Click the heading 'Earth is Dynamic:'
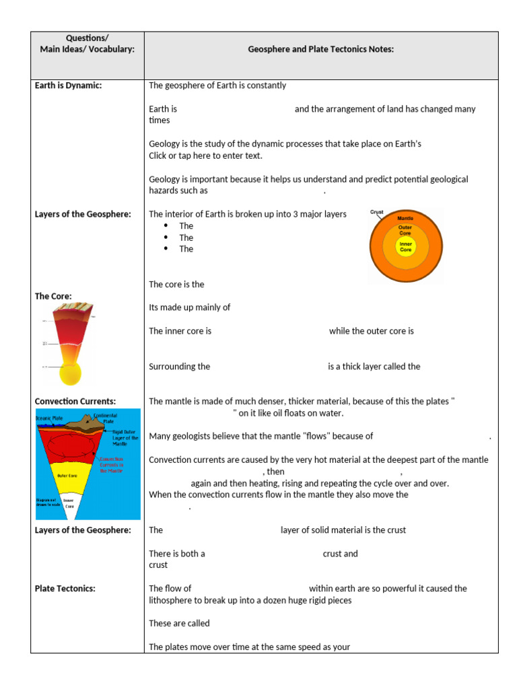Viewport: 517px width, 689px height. coord(68,85)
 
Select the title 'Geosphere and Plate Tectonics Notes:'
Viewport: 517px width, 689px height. coord(320,49)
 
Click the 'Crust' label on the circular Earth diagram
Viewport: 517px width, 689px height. coord(377,213)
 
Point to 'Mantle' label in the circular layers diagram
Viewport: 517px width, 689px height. coord(405,219)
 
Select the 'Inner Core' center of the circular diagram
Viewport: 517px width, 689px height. coord(405,247)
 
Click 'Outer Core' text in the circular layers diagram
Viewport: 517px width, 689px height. coord(405,230)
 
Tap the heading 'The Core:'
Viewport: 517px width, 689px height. coord(53,296)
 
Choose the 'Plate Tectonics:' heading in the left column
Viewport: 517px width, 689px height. coord(65,589)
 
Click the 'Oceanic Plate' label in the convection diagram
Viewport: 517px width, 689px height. coord(50,418)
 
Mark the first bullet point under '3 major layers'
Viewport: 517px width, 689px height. coord(166,226)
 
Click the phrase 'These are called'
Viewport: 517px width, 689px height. coord(179,624)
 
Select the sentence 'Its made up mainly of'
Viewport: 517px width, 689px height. coord(189,307)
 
